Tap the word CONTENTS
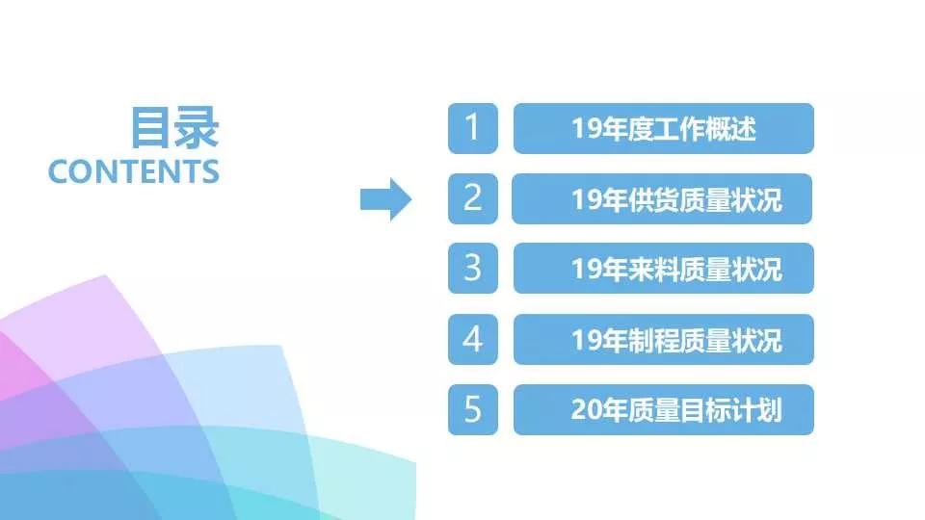[x=134, y=171]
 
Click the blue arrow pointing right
[x=385, y=199]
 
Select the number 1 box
[x=472, y=128]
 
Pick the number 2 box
[x=472, y=198]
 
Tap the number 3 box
[x=472, y=269]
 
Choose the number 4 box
[x=472, y=339]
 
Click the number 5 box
[x=472, y=409]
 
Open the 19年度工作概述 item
[x=664, y=128]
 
